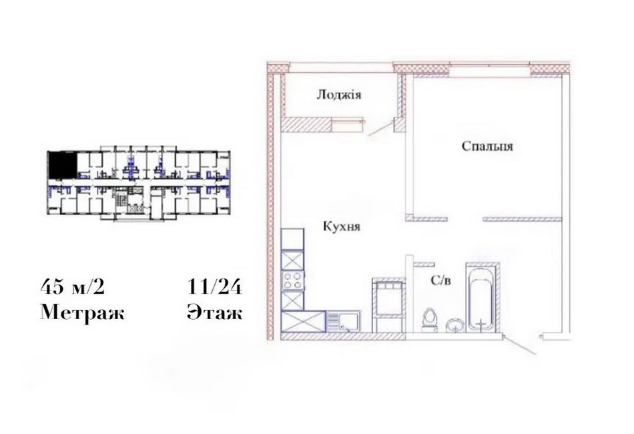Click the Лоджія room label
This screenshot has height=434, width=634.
(339, 95)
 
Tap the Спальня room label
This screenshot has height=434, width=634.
(487, 146)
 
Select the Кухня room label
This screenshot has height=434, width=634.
(342, 226)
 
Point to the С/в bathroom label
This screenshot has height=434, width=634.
(440, 280)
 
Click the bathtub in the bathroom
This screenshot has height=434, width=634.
(481, 299)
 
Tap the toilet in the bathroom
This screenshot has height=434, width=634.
(429, 320)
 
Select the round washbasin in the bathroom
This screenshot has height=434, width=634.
(455, 325)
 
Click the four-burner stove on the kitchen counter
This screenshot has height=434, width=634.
(292, 280)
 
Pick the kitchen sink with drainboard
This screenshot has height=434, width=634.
(343, 322)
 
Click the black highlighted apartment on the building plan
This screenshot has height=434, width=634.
(62, 165)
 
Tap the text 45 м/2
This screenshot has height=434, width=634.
(72, 287)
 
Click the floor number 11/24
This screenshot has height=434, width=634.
(214, 287)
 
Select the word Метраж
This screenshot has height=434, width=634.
(83, 312)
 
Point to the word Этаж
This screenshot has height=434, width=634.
(215, 312)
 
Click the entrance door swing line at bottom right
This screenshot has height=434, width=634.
(521, 345)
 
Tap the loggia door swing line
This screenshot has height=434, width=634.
(382, 128)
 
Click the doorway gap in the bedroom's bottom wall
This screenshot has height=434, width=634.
(465, 219)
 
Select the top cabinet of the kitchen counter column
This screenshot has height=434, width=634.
(292, 239)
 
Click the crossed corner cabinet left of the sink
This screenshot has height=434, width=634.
(304, 322)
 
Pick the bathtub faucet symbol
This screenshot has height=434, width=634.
(481, 324)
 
